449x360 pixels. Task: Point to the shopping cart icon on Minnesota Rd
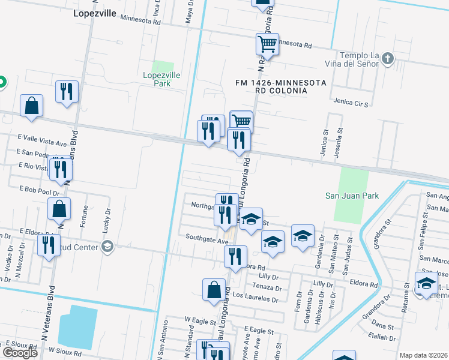[x=267, y=43]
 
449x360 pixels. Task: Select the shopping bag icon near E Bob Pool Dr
[x=59, y=209]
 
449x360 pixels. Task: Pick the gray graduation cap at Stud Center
[x=107, y=246]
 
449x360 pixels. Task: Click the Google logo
[x=20, y=353]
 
